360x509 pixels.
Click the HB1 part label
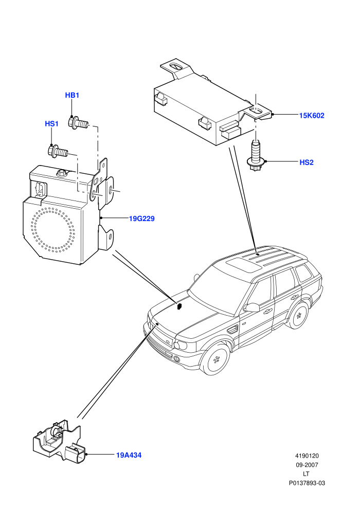[72, 95]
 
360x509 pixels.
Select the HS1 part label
[51, 124]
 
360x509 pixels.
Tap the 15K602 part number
[312, 116]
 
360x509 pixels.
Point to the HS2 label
[307, 162]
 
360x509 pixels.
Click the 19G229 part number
[142, 219]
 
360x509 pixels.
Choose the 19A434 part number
[129, 455]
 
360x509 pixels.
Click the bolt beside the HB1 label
[78, 123]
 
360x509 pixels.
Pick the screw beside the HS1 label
[58, 151]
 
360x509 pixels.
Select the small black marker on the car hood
[179, 306]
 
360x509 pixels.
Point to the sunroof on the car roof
[244, 265]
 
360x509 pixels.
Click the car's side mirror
[251, 307]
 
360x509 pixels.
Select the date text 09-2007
[307, 465]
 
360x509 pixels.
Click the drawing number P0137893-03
[307, 483]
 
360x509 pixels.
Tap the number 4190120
[307, 456]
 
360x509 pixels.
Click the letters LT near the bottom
[306, 474]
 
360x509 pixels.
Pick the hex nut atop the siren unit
[62, 173]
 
